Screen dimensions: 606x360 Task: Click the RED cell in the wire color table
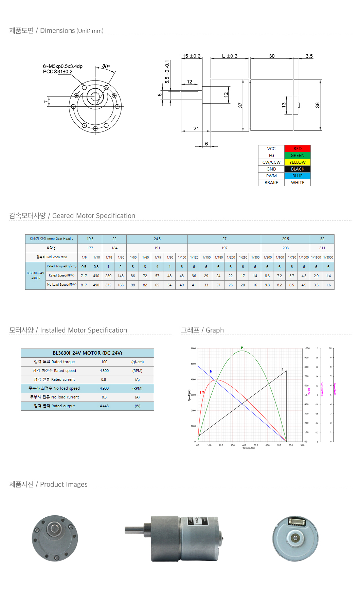297,149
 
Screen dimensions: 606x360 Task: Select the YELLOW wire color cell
297,162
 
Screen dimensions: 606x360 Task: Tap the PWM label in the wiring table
271,176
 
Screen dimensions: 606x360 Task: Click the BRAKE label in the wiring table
271,183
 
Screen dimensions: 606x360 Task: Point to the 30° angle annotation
106,66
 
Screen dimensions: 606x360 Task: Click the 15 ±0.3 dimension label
192,56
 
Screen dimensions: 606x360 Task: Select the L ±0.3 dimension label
230,56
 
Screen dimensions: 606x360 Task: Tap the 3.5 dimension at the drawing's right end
309,56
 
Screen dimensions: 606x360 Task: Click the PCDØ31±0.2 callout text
58,72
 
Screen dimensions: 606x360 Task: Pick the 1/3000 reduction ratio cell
328,257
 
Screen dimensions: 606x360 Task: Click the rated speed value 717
84,276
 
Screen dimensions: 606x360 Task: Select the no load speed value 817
84,285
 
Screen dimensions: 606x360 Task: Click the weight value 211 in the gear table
322,248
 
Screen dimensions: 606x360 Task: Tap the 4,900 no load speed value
104,388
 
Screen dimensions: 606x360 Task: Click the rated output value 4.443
104,406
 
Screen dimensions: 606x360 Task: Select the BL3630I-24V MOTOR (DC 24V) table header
87,353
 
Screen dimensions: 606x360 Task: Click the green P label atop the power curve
242,347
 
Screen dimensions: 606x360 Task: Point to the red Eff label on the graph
202,393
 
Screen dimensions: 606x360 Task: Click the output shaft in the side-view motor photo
134,530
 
